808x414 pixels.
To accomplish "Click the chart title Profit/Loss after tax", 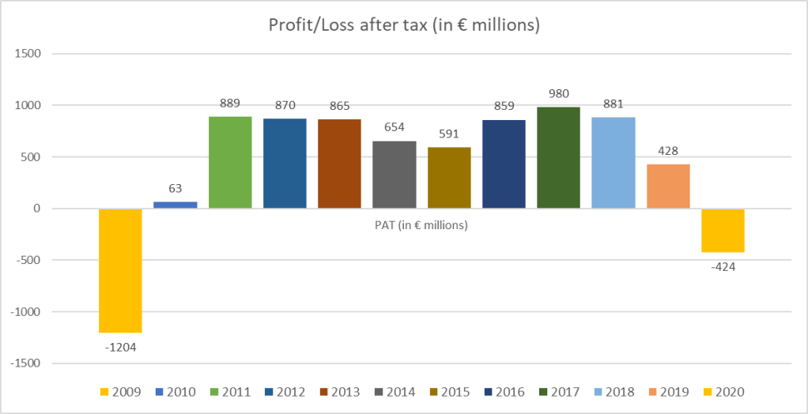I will tap(404, 25).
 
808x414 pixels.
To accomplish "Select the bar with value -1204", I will tap(120, 270).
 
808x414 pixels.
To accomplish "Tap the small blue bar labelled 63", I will tap(175, 205).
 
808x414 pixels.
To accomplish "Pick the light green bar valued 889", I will tap(230, 162).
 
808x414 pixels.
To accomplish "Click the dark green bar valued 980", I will tap(558, 157).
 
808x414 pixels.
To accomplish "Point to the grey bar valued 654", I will tap(395, 174).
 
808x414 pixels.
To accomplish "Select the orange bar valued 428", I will tap(668, 186).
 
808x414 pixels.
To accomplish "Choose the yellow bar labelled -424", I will tap(723, 230).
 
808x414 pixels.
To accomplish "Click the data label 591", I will tap(449, 134).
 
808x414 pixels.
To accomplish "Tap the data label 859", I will tap(504, 106).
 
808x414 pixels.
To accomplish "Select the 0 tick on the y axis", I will tap(36, 209).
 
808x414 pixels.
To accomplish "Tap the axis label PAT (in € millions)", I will tap(421, 226).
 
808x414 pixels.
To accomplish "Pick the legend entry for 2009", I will tap(119, 392).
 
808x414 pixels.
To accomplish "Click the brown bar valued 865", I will tap(340, 164).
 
